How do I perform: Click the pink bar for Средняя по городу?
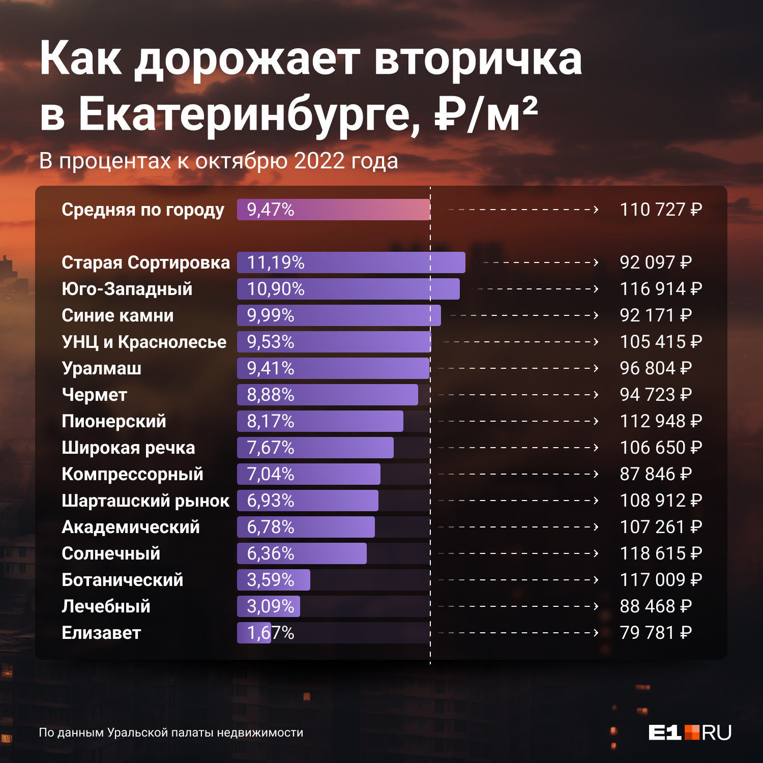[x=333, y=210]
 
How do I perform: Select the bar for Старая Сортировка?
[x=351, y=262]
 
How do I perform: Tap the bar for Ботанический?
[x=274, y=580]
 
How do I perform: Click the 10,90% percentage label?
[x=276, y=289]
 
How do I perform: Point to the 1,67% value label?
[x=271, y=633]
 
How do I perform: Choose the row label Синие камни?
[x=118, y=315]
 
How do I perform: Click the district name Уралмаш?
[x=101, y=368]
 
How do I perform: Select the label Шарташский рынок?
[x=145, y=501]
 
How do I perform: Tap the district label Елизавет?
[x=101, y=633]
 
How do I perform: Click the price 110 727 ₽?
[x=661, y=210]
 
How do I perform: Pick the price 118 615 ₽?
[x=661, y=553]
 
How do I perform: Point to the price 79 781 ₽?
[x=656, y=633]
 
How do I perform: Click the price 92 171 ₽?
[x=656, y=315]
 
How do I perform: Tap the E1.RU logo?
[x=690, y=732]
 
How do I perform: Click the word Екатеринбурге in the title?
[x=244, y=114]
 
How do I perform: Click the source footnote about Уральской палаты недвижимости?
[x=171, y=732]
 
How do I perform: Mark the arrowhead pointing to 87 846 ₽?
[x=596, y=474]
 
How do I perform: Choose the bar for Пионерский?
[x=320, y=421]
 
